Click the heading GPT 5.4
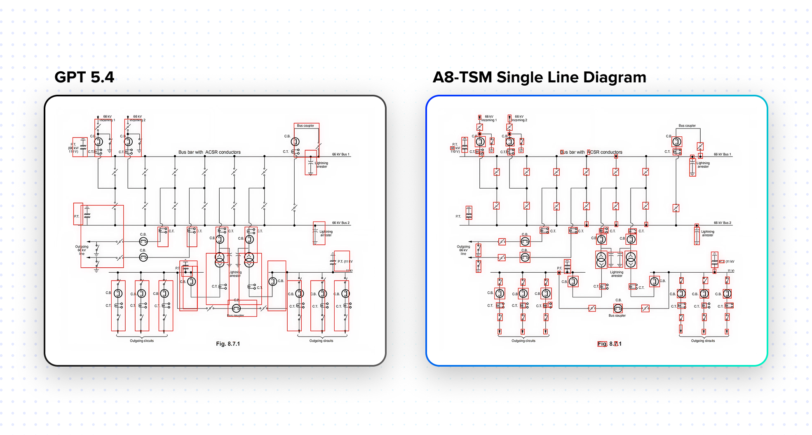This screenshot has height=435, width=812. [84, 77]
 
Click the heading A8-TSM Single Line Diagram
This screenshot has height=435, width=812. [539, 77]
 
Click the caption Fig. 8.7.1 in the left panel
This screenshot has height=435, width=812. [228, 344]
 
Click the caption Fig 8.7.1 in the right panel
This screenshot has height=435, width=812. [610, 344]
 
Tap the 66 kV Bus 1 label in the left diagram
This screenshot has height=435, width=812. [340, 154]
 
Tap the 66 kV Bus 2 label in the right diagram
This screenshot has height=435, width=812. [722, 223]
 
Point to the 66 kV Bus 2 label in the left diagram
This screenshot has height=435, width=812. [340, 223]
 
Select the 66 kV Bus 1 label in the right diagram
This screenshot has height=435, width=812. [722, 154]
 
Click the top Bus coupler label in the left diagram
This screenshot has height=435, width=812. [305, 126]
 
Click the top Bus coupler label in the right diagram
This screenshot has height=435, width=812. [687, 126]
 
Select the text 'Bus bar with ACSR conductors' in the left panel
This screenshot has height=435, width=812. [209, 152]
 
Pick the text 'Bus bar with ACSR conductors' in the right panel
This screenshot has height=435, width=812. [591, 152]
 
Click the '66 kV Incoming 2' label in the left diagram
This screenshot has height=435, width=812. [138, 118]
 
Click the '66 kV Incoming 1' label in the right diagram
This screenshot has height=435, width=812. [489, 118]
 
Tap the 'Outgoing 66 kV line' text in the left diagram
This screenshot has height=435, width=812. [82, 250]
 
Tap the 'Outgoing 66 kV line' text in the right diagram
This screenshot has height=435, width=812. [463, 250]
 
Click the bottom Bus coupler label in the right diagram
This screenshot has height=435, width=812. [617, 316]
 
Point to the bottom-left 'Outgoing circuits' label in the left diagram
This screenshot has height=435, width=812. [142, 341]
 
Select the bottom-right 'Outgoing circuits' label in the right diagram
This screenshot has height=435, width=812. [703, 341]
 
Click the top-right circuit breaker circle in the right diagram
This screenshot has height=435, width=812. [677, 142]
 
